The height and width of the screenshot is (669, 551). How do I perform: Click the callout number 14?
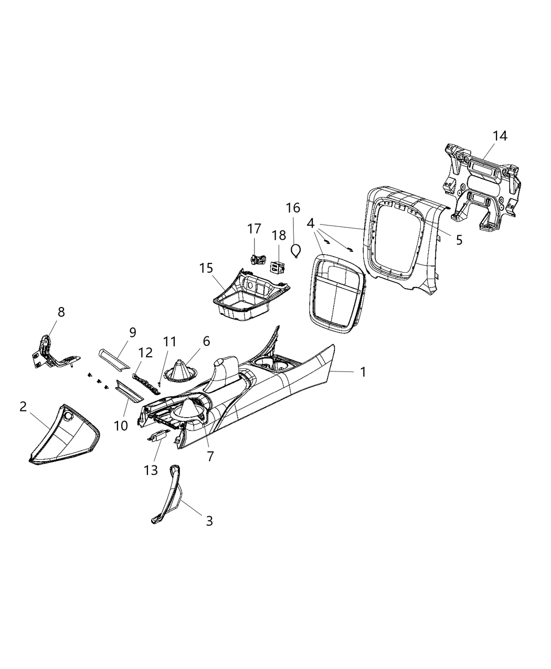pyautogui.click(x=500, y=136)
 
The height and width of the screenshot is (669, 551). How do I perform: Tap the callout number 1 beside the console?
pyautogui.click(x=362, y=372)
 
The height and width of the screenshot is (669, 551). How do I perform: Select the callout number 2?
pyautogui.click(x=23, y=407)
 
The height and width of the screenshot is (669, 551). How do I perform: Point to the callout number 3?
pyautogui.click(x=209, y=521)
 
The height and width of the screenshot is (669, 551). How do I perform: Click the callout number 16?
pyautogui.click(x=293, y=208)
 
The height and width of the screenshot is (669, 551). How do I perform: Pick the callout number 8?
pyautogui.click(x=61, y=312)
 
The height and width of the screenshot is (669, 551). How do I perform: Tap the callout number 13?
pyautogui.click(x=151, y=470)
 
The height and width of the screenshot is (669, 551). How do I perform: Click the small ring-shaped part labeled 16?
pyautogui.click(x=296, y=250)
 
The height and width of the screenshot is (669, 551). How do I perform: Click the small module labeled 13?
pyautogui.click(x=158, y=435)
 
